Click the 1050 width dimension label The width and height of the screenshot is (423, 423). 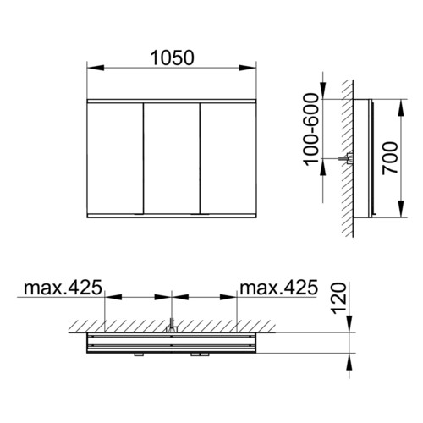172,58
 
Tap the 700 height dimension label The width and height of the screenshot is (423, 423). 390,158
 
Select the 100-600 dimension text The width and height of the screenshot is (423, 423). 312,129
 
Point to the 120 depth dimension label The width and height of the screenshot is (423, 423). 338,299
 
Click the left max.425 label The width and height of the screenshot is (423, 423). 63,288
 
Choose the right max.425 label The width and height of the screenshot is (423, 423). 278,288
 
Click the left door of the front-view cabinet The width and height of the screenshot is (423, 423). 115,158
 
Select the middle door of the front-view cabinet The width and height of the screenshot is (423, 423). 172,158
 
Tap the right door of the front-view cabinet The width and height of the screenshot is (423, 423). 228,158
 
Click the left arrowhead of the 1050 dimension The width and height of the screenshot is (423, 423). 96,68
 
